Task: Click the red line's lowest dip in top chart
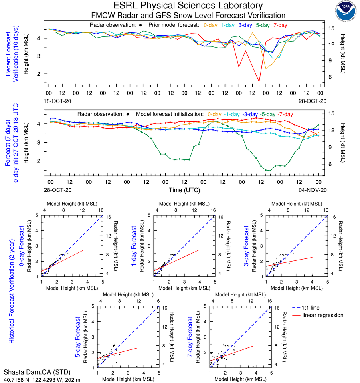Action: click(x=259, y=82)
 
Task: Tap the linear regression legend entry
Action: click(x=323, y=315)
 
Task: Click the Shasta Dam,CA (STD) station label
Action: click(x=36, y=372)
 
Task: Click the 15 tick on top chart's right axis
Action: click(x=332, y=28)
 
